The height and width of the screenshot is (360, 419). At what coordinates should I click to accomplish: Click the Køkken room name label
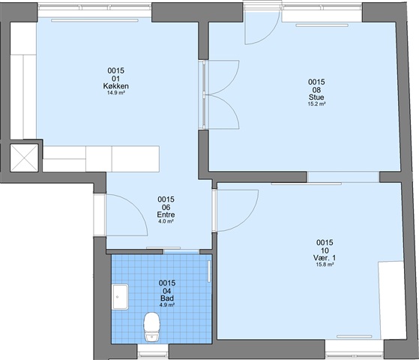click(116, 86)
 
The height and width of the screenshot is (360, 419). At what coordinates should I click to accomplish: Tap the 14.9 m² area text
click(116, 93)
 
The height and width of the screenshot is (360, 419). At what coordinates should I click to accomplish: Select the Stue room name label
click(316, 97)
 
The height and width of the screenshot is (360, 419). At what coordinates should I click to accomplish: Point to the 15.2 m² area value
click(316, 104)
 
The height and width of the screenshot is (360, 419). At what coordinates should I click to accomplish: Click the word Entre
click(166, 214)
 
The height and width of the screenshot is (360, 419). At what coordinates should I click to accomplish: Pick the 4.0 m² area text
click(166, 221)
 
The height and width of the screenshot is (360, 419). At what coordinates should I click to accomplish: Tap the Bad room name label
click(167, 298)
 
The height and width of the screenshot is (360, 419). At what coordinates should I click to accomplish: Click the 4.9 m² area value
click(167, 305)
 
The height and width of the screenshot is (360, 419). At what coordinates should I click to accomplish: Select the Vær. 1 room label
click(325, 258)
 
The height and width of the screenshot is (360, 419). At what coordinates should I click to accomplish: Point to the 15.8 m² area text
click(325, 265)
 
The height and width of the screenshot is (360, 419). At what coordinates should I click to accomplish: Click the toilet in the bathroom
click(151, 327)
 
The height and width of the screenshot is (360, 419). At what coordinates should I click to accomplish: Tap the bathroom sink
click(120, 297)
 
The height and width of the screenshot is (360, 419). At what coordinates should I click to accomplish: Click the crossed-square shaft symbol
click(24, 157)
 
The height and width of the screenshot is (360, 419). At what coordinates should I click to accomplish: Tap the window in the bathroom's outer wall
click(153, 352)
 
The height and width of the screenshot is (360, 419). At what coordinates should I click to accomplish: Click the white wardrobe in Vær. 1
click(392, 300)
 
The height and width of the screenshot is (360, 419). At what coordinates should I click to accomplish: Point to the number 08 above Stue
click(316, 90)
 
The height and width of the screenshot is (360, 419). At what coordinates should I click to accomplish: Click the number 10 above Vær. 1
click(325, 250)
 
